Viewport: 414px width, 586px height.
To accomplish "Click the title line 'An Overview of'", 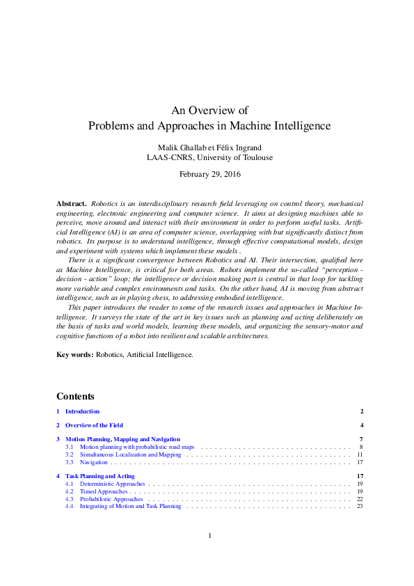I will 209,110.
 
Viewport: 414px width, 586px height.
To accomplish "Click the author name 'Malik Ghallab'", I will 183,146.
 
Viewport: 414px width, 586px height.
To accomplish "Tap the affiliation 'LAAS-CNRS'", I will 171,157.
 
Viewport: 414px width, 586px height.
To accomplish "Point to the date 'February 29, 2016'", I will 209,174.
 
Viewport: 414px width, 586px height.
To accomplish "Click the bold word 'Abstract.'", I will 72,203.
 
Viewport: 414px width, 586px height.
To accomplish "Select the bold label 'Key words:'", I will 74,354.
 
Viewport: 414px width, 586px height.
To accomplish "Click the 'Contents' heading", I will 75,397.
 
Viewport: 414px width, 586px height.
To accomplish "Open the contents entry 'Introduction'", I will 82,411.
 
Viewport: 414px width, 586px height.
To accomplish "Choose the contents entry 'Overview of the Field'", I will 94,425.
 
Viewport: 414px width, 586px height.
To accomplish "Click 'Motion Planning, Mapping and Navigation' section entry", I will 122,439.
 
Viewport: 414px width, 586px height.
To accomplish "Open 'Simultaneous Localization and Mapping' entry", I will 130,454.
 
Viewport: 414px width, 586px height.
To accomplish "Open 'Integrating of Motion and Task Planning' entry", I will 130,507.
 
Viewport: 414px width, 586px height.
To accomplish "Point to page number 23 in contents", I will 360,507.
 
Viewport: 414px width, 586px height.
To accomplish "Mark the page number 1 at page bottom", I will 209,536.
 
